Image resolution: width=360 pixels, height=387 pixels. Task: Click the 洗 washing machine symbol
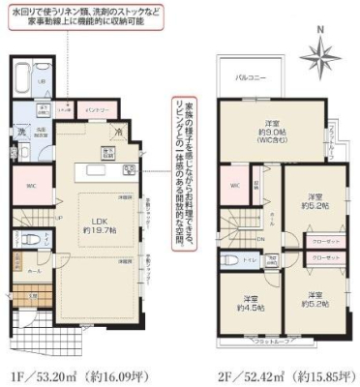coord(20,132)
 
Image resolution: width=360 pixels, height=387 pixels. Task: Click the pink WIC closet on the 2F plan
coord(235,185)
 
